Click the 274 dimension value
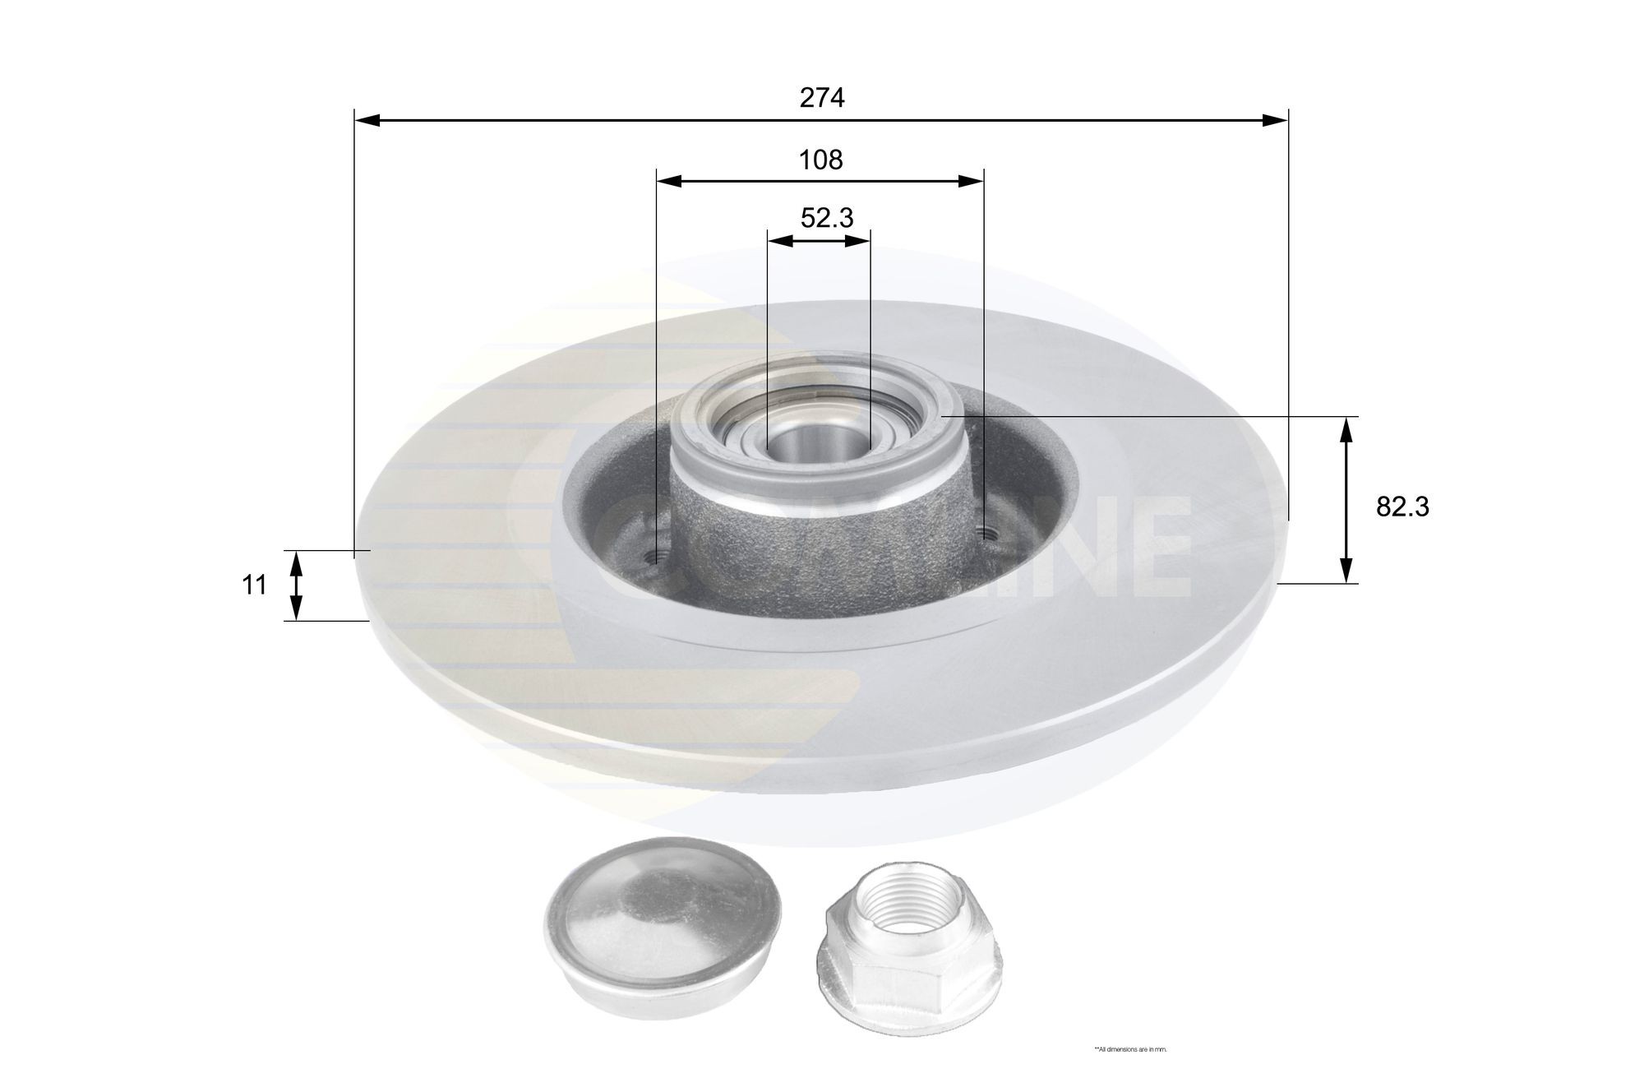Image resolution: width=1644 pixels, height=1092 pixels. [822, 98]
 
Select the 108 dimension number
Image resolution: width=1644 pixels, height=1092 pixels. [821, 160]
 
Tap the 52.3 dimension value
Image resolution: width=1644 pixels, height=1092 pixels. [827, 218]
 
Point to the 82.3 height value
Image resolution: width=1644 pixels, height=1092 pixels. [1403, 507]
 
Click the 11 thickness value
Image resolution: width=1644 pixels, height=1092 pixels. [254, 585]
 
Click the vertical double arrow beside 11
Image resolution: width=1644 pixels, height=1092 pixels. [297, 585]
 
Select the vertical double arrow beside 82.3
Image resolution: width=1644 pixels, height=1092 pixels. [1346, 500]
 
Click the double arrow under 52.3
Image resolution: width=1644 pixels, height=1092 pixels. [818, 240]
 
